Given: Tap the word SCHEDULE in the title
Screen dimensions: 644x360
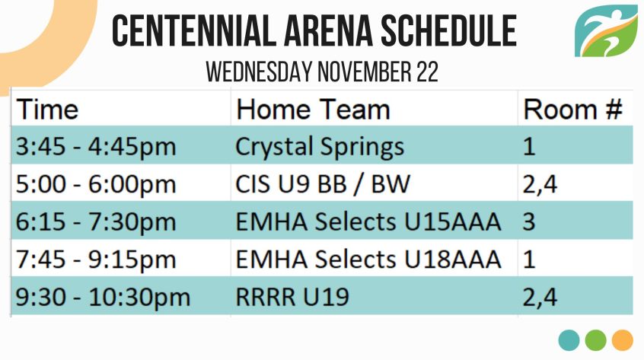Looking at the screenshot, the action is (448, 30).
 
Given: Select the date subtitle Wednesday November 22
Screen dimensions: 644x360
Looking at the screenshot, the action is (322, 72).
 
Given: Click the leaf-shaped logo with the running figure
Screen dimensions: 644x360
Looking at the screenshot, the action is (606, 30).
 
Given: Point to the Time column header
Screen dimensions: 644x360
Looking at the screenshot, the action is (47, 110).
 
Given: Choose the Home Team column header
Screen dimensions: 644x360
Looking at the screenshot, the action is (313, 110).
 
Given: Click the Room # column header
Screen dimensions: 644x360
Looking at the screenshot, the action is (572, 110).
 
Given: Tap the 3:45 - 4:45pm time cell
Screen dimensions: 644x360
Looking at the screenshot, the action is (96, 146).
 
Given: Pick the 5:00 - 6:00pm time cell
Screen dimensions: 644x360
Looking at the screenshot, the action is (96, 184).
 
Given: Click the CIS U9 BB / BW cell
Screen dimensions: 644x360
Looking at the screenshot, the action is (323, 184).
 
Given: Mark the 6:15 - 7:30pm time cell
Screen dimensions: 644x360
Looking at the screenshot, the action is (96, 221).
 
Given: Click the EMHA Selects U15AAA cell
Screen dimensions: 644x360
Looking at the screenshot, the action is (368, 221).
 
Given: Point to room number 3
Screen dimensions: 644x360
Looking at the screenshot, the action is (529, 221).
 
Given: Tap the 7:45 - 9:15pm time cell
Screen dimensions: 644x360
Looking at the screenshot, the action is (96, 260).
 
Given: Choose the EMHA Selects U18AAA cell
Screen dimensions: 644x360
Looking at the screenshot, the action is (368, 260).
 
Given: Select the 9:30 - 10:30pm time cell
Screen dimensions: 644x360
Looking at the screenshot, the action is (103, 297).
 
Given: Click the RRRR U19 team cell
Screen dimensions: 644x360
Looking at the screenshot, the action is (292, 297).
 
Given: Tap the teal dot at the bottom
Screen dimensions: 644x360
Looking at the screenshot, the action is (569, 340).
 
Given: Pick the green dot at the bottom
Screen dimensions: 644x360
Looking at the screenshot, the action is (595, 340).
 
